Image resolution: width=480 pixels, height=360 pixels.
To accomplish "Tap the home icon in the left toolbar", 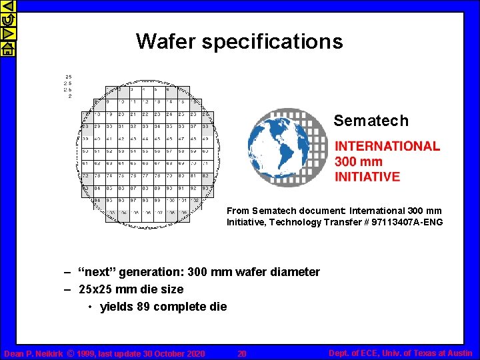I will click(7, 48).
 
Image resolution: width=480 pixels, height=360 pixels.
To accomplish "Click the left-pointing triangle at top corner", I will click(7, 7).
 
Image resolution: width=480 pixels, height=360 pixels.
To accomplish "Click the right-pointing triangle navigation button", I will click(7, 34).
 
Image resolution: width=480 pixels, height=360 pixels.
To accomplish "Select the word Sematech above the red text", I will click(371, 121).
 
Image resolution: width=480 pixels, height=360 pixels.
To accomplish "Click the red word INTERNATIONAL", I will click(387, 146).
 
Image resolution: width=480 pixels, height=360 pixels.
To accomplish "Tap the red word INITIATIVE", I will click(367, 177).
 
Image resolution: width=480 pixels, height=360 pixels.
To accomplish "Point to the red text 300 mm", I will click(359, 161).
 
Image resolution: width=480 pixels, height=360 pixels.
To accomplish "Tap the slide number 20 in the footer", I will click(242, 353).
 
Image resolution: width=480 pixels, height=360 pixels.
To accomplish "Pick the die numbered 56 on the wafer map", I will click(157, 151).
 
